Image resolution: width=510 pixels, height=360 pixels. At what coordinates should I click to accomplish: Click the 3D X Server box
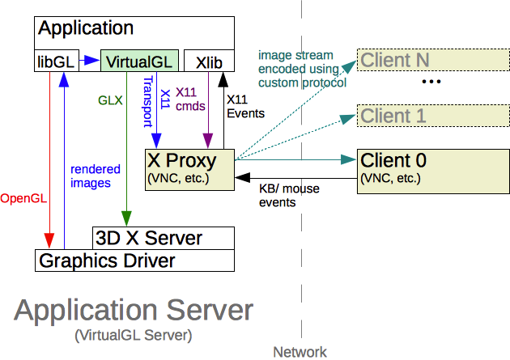[162, 239]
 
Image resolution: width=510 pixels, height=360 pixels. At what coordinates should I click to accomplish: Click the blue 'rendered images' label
[96, 176]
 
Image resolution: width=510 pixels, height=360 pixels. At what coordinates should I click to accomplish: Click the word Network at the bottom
[300, 352]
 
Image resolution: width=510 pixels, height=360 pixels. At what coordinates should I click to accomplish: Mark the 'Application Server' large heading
[134, 311]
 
